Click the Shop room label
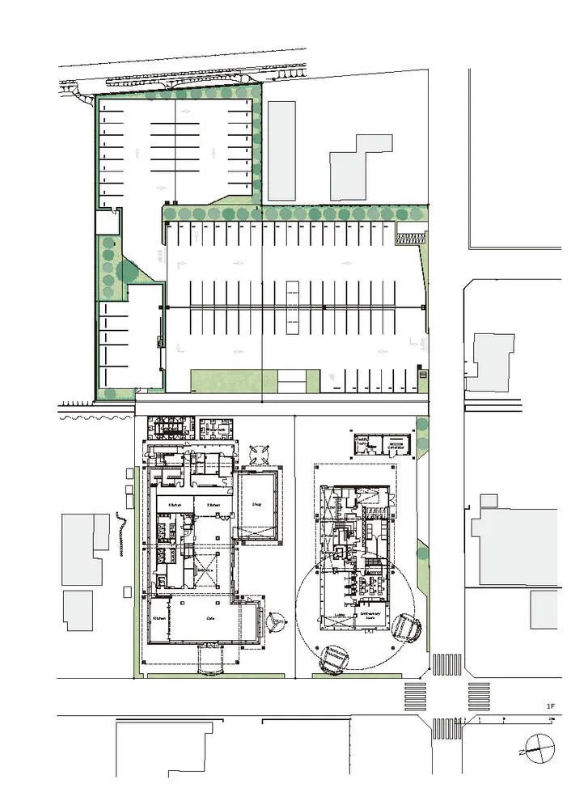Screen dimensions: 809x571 click(x=258, y=502)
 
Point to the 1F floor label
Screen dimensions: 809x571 click(x=551, y=706)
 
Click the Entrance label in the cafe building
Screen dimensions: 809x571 click(x=206, y=569)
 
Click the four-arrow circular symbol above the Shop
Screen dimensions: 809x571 click(x=260, y=454)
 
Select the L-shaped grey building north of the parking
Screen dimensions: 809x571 click(x=360, y=167)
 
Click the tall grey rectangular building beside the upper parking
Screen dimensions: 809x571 click(x=281, y=150)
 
